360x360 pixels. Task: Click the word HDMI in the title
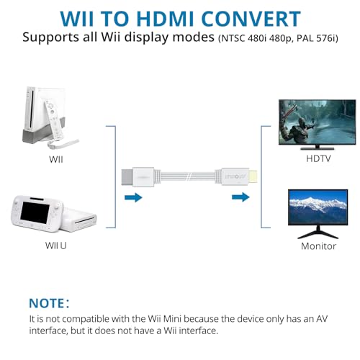point(165,19)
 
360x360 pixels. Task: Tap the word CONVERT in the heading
point(251,19)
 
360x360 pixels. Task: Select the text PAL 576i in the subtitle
point(318,38)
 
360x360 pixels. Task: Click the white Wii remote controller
point(54,120)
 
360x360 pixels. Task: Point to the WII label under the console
point(56,159)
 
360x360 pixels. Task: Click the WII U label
point(56,246)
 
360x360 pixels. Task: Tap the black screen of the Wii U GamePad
point(35,212)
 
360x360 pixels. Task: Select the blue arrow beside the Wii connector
point(133,197)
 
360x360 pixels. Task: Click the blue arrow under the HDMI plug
point(240,197)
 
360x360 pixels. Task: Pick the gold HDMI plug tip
point(253,176)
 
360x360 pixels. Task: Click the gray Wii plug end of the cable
point(127,177)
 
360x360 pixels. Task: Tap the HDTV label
point(318,158)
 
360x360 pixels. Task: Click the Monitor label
point(318,246)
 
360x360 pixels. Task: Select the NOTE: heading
point(49,303)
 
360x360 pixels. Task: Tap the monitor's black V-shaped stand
point(318,233)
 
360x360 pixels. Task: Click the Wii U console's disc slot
point(84,220)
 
